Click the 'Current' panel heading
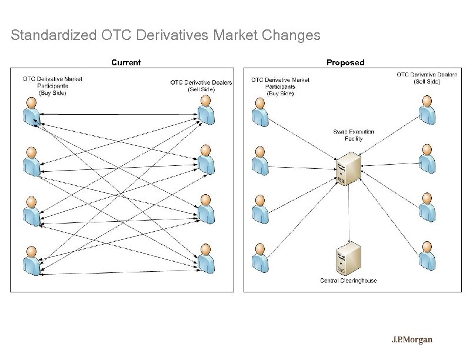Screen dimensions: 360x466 click(x=126, y=62)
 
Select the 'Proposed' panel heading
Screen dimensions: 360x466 click(x=345, y=62)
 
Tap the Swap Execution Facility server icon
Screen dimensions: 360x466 click(x=348, y=168)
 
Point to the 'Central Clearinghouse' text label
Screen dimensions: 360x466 click(x=348, y=281)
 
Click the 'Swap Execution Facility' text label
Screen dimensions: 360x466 click(x=354, y=135)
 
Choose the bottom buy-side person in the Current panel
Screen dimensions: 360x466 click(x=32, y=262)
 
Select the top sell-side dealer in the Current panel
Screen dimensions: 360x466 click(x=205, y=112)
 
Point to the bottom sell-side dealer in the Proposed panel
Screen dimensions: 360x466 click(x=427, y=256)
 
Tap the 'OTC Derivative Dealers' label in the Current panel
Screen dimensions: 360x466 click(x=201, y=86)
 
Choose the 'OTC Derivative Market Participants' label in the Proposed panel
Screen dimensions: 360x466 click(x=280, y=86)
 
